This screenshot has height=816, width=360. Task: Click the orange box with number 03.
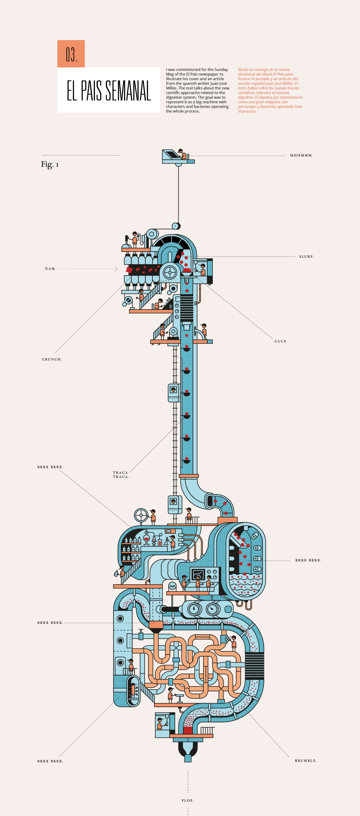click(x=71, y=54)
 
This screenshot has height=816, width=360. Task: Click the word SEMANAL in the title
click(x=128, y=91)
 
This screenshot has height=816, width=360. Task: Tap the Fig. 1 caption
click(x=50, y=164)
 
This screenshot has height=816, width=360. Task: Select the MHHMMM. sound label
click(x=301, y=155)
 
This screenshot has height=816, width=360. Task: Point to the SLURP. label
click(x=306, y=257)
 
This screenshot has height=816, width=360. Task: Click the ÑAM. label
click(x=50, y=269)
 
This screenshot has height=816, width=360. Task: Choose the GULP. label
click(x=280, y=341)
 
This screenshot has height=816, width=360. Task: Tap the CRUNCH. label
click(x=52, y=359)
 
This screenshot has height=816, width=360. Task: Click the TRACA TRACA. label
click(x=121, y=475)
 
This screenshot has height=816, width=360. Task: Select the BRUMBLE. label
click(x=306, y=761)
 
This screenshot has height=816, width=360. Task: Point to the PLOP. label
click(x=187, y=801)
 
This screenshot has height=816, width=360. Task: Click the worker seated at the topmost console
click(x=182, y=154)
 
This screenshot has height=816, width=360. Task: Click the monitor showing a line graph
click(x=198, y=574)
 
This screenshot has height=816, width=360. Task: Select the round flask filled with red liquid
click(x=146, y=538)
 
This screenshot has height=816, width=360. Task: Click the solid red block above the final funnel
click(x=188, y=730)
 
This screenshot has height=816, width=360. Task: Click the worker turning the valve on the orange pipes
click(x=234, y=642)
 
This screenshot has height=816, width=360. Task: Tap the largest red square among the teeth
click(x=129, y=270)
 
